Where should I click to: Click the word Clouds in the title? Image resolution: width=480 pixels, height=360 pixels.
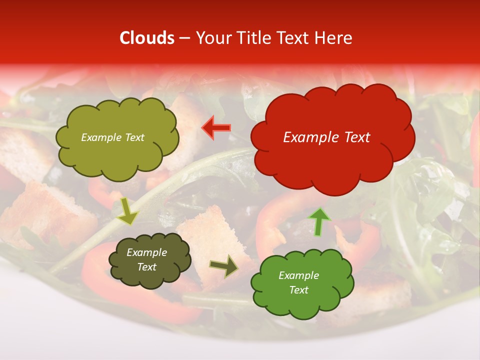pyautogui.click(x=147, y=38)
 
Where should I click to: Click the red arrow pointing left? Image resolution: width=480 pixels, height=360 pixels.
pyautogui.click(x=216, y=128)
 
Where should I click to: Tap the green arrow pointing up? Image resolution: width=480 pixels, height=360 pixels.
pyautogui.click(x=318, y=222)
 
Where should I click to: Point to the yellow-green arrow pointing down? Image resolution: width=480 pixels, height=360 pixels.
pyautogui.click(x=128, y=211)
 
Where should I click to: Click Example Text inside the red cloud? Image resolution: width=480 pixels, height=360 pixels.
pyautogui.click(x=326, y=137)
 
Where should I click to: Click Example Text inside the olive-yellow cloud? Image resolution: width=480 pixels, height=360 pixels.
pyautogui.click(x=112, y=137)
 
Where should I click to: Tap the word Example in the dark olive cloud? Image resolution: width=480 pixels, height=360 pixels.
pyautogui.click(x=146, y=252)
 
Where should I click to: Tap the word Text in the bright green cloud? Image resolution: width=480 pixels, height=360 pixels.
pyautogui.click(x=298, y=290)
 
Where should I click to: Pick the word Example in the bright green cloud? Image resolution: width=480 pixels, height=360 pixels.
pyautogui.click(x=298, y=275)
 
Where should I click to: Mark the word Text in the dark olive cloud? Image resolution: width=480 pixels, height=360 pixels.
pyautogui.click(x=146, y=267)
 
